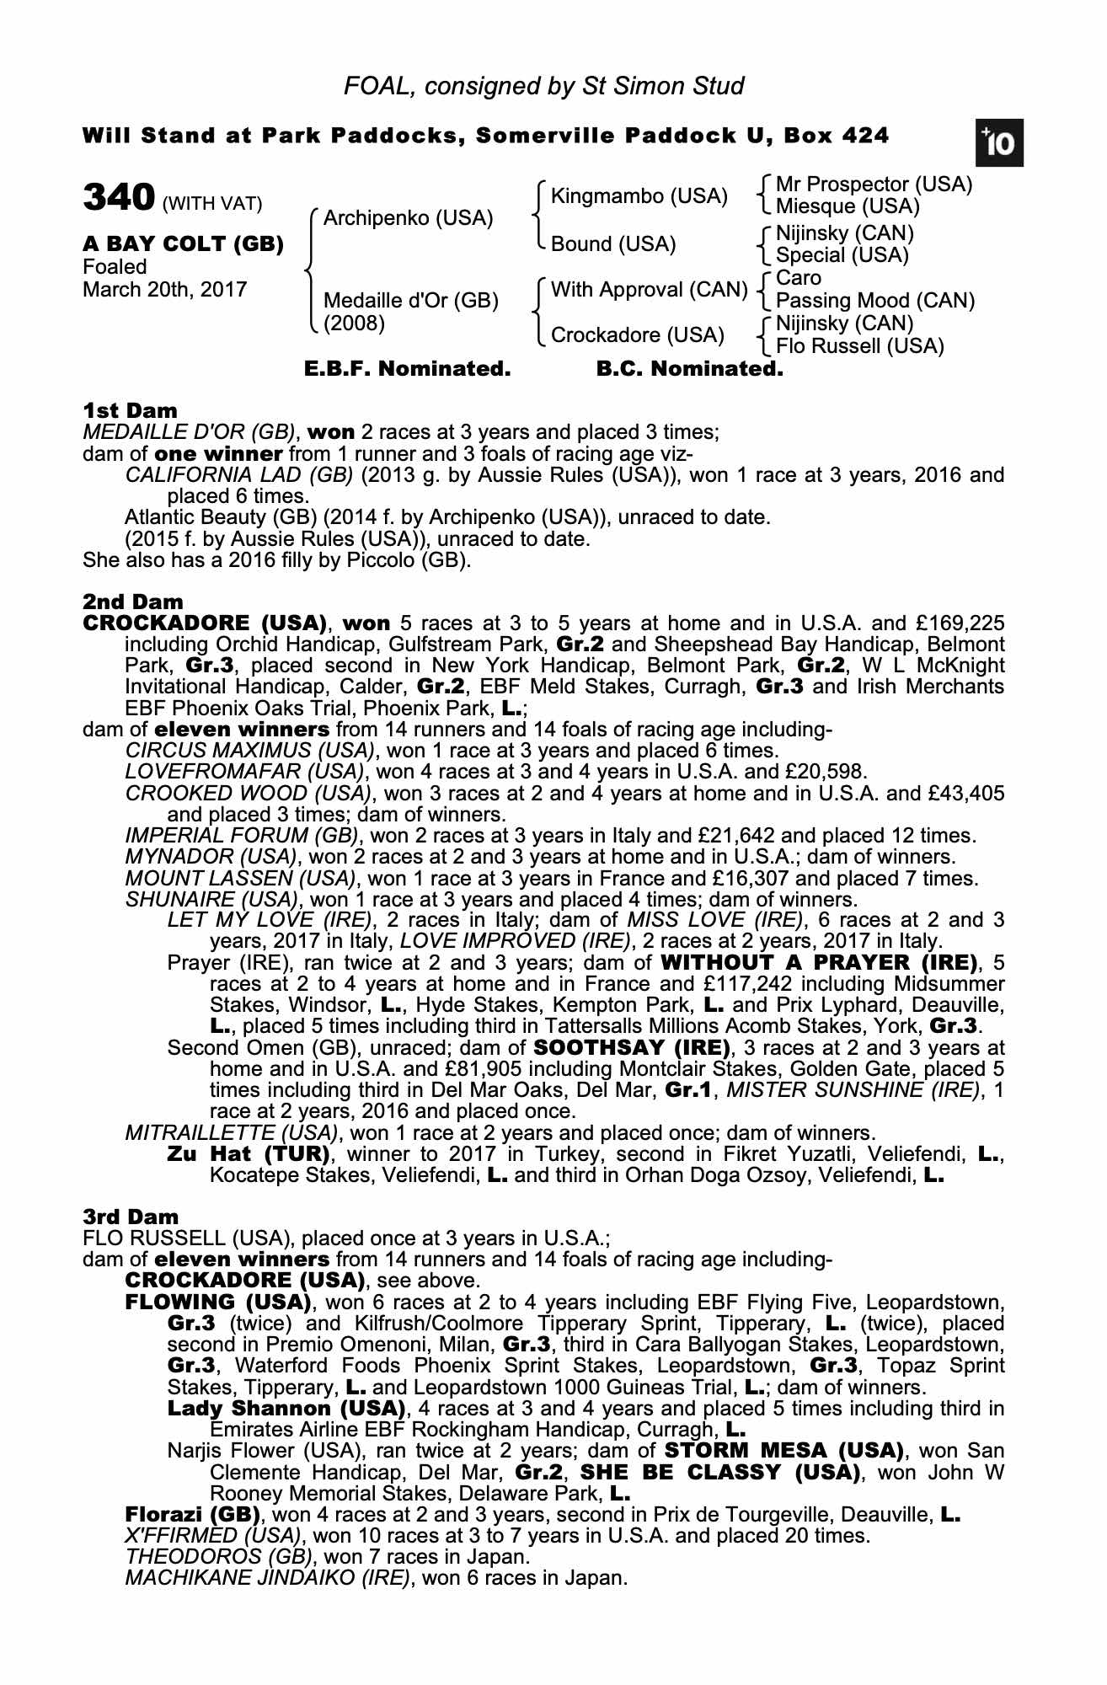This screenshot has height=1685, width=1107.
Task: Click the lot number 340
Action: [118, 198]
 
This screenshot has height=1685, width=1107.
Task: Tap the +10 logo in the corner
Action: [999, 144]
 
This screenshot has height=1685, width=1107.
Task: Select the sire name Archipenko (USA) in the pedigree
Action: [408, 219]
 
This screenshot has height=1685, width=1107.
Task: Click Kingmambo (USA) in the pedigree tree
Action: [639, 197]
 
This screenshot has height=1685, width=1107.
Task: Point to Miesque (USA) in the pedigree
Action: [848, 206]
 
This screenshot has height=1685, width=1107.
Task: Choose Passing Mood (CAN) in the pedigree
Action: [874, 301]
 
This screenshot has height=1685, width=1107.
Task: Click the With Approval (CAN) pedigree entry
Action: [649, 291]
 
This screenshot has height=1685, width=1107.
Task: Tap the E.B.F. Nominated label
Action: [407, 369]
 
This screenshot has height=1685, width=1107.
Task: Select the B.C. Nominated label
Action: [689, 369]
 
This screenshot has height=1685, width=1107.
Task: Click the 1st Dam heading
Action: [130, 411]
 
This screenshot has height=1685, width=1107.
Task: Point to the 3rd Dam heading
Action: [131, 1217]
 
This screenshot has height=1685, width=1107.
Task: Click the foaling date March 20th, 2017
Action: [164, 290]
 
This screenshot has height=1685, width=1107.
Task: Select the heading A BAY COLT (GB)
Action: [183, 244]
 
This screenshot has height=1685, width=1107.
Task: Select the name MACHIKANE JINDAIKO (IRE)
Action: [267, 1578]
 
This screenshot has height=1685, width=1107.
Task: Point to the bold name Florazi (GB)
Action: [192, 1514]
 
